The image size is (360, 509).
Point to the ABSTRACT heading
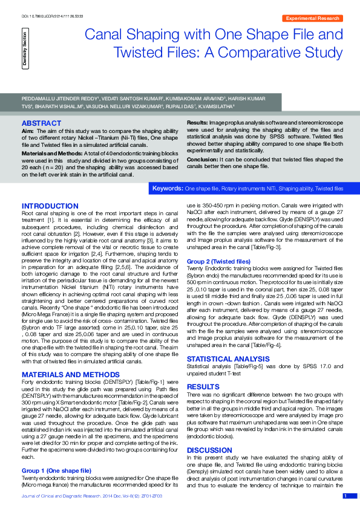pyautogui.click(x=41, y=122)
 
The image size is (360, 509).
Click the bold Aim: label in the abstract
pyautogui.click(x=28, y=131)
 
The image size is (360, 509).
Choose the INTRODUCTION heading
pyautogui.click(x=50, y=206)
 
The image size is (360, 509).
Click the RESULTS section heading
pyautogui.click(x=203, y=369)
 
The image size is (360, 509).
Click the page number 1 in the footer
pyautogui.click(x=345, y=496)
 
